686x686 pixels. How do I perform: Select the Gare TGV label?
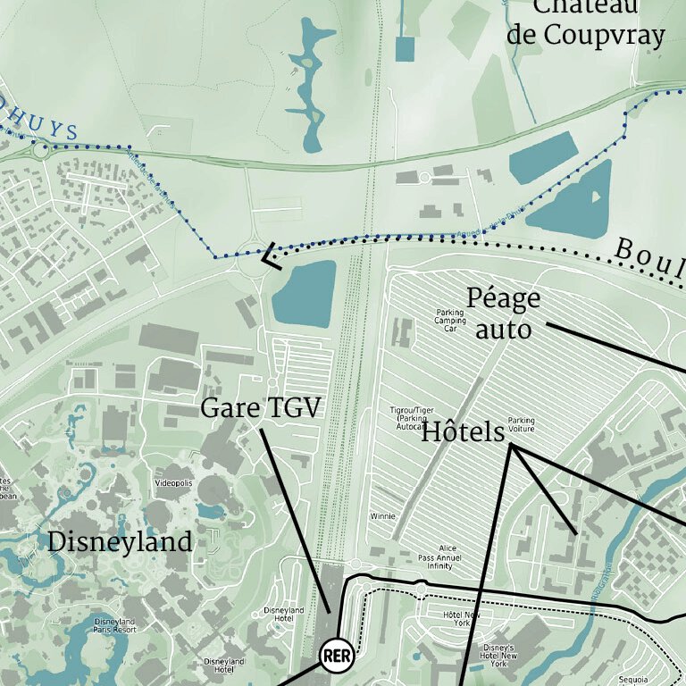[x=260, y=409]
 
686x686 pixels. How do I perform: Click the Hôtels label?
[x=463, y=432]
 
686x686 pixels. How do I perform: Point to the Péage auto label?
[x=503, y=314]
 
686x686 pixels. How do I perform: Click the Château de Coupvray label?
[x=585, y=21]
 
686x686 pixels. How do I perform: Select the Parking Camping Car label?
[x=450, y=320]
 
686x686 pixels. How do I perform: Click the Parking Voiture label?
[x=521, y=424]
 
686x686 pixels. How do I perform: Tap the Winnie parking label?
[x=381, y=517]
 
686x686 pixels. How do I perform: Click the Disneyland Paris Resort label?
[x=113, y=625]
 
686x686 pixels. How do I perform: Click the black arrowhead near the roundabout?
[x=270, y=259]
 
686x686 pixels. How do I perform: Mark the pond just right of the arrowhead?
[x=304, y=293]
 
